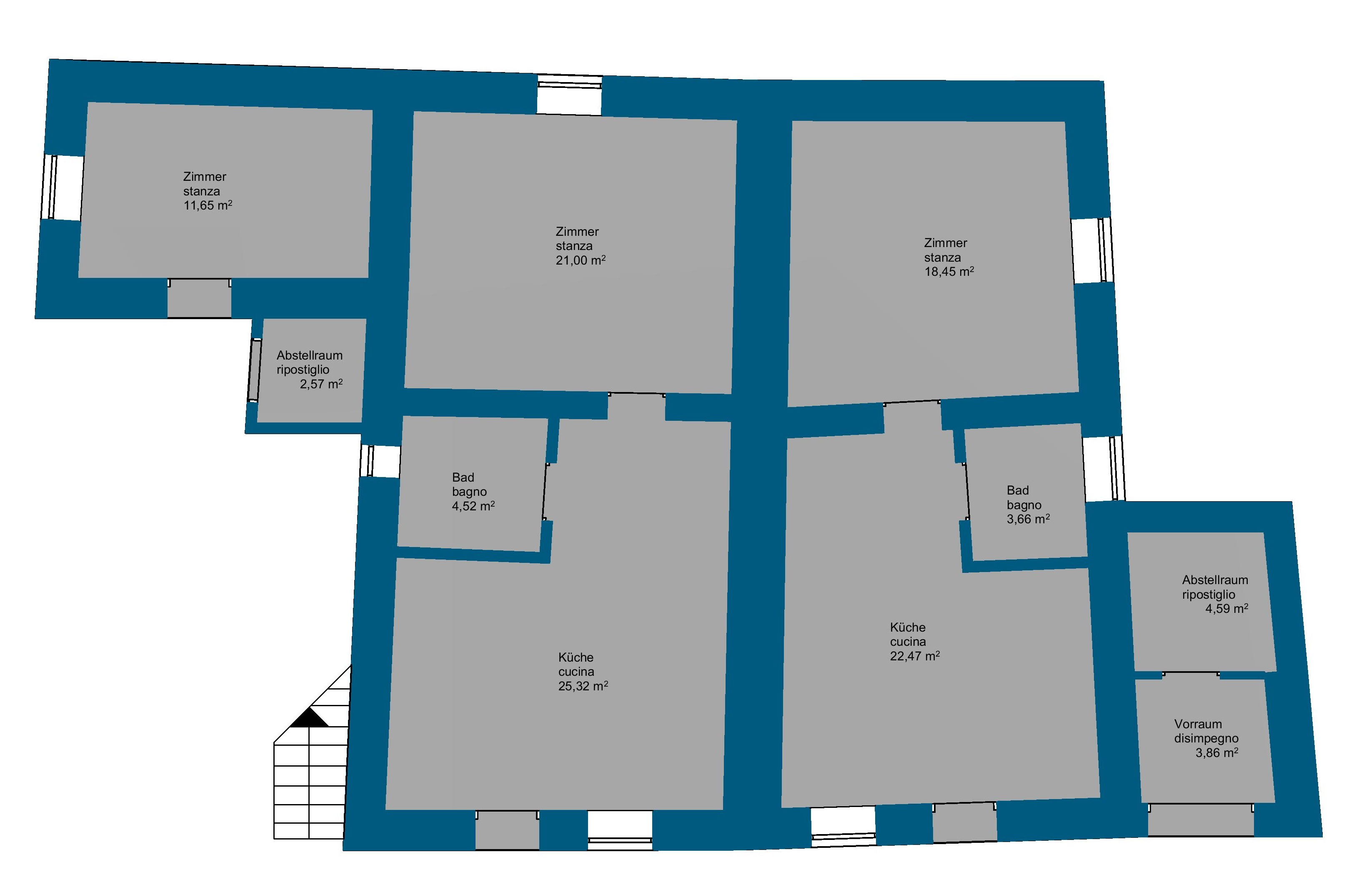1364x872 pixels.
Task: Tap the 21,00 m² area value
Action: pyautogui.click(x=581, y=260)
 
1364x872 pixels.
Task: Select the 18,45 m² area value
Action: pyautogui.click(x=949, y=271)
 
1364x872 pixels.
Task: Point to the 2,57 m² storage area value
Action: pyautogui.click(x=321, y=384)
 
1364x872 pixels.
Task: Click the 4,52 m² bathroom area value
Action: pyautogui.click(x=473, y=506)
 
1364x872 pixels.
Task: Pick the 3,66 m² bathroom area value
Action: pyautogui.click(x=1028, y=519)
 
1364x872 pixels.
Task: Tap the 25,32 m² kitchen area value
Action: pyautogui.click(x=583, y=686)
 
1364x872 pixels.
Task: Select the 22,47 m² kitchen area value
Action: pyautogui.click(x=915, y=656)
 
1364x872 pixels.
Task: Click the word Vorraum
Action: pyautogui.click(x=1198, y=724)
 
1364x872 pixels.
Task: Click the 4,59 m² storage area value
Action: pyautogui.click(x=1227, y=609)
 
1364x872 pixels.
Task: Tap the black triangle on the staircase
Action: pyautogui.click(x=309, y=717)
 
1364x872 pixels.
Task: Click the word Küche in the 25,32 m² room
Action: pyautogui.click(x=576, y=657)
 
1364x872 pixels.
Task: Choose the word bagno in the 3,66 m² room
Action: pyautogui.click(x=1024, y=505)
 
